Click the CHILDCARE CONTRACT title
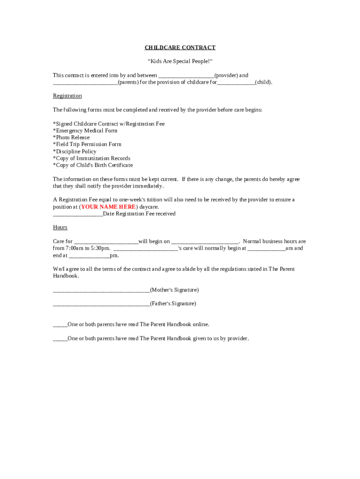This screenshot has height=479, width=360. point(180,48)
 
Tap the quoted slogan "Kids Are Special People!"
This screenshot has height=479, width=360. point(180,61)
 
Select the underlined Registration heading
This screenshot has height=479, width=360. point(67,96)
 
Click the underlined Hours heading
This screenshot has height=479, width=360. point(60,227)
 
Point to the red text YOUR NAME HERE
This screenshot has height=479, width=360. point(109,207)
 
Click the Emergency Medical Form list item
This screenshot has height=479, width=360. point(85,131)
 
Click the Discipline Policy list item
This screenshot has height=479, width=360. point(75,152)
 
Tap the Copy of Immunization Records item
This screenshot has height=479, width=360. point(92,159)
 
